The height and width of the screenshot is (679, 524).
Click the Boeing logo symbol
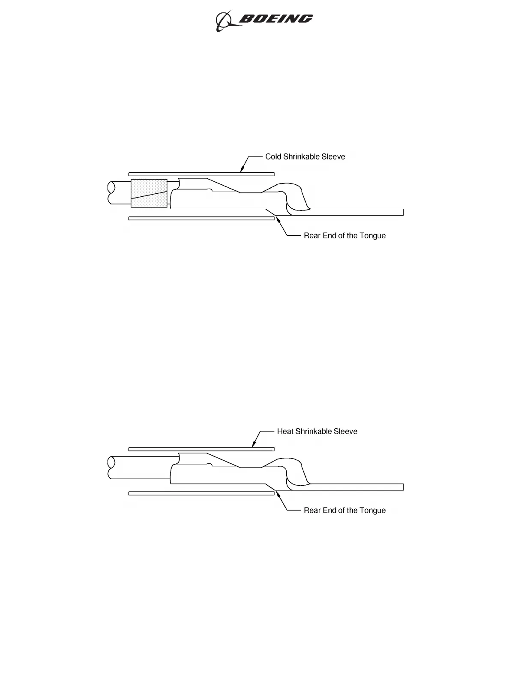point(224,21)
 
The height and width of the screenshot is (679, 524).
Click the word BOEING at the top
point(275,19)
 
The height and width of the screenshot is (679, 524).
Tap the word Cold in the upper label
point(273,156)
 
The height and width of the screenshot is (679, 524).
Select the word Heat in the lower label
point(285,431)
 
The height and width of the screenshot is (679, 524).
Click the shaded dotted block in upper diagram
point(149,193)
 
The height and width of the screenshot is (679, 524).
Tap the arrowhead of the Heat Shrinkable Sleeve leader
point(253,446)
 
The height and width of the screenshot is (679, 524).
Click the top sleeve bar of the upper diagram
point(201,174)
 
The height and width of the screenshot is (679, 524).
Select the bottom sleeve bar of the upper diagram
point(201,218)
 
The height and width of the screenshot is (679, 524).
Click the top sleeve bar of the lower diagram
point(201,449)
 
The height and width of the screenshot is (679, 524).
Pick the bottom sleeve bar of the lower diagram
point(201,493)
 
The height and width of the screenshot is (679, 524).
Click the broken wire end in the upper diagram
point(111,193)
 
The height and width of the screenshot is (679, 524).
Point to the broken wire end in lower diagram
point(111,467)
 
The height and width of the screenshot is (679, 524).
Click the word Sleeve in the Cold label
point(334,156)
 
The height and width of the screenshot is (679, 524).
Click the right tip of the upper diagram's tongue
point(402,212)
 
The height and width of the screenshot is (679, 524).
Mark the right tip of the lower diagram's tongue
point(402,487)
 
